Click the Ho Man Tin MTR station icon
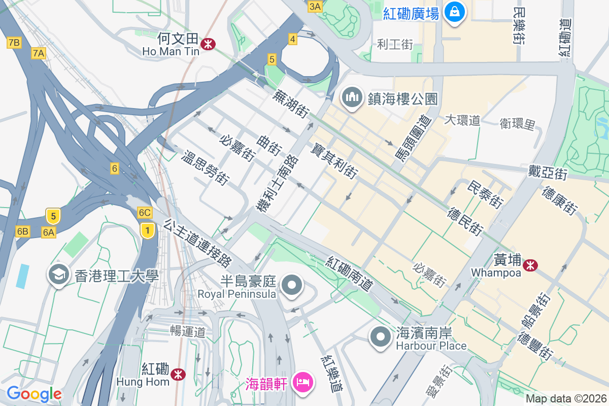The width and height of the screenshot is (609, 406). pyautogui.click(x=207, y=44)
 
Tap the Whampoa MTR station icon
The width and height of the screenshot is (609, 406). pyautogui.click(x=531, y=265)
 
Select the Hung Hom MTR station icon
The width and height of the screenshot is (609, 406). pyautogui.click(x=178, y=375)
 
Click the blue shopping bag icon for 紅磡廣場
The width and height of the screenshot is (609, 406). pyautogui.click(x=455, y=12)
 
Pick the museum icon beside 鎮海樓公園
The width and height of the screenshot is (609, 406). pyautogui.click(x=351, y=98)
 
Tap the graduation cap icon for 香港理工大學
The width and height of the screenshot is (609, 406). pyautogui.click(x=59, y=275)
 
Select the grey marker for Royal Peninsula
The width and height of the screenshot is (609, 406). pyautogui.click(x=292, y=285)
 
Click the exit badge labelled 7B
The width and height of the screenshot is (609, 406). pyautogui.click(x=14, y=43)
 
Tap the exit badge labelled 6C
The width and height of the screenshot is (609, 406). pyautogui.click(x=145, y=213)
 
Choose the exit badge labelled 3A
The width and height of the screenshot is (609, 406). pyautogui.click(x=315, y=6)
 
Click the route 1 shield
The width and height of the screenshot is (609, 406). pyautogui.click(x=147, y=230)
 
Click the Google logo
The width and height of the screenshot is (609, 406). pyautogui.click(x=34, y=393)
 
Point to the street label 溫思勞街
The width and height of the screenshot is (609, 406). pyautogui.click(x=206, y=167)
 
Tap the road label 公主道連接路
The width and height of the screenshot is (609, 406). pyautogui.click(x=198, y=243)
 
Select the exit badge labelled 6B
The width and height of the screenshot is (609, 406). pyautogui.click(x=22, y=231)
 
